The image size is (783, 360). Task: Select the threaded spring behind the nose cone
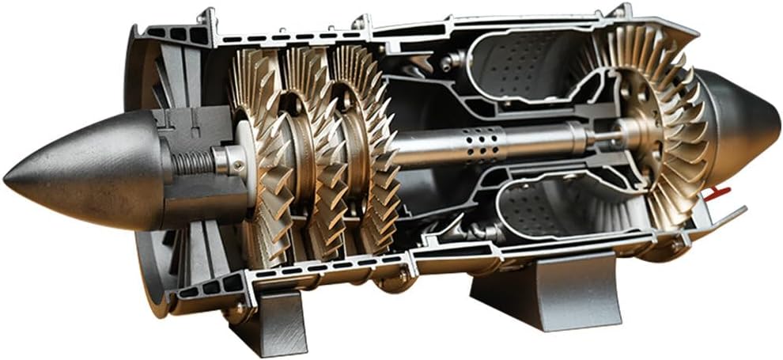coord(192,162)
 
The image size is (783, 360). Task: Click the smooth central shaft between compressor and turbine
coord(538,140)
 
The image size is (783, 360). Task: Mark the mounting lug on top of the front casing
coord(207,16)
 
